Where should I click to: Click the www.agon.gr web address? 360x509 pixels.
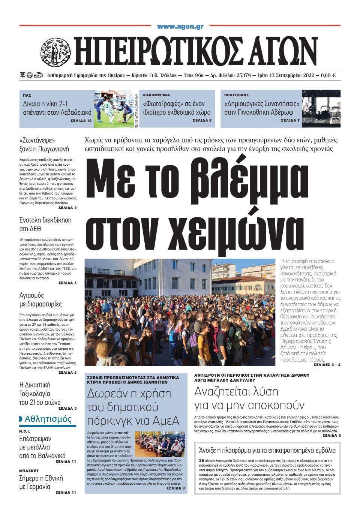pyautogui.click(x=180, y=27)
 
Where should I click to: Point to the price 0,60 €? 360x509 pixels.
pyautogui.click(x=328, y=75)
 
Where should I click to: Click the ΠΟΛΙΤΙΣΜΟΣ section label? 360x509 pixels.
pyautogui.click(x=237, y=95)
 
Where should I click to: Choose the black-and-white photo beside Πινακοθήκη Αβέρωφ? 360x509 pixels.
pyautogui.click(x=321, y=109)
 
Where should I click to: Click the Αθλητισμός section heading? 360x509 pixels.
pyautogui.click(x=48, y=419)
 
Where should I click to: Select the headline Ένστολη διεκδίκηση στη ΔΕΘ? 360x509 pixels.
pyautogui.click(x=45, y=224)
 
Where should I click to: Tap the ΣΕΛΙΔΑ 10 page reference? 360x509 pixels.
pyautogui.click(x=81, y=121)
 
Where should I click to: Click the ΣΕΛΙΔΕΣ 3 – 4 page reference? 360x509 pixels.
pyautogui.click(x=327, y=364)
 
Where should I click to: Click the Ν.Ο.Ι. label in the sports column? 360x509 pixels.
pyautogui.click(x=25, y=431)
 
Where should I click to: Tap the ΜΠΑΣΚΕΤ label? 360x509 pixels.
pyautogui.click(x=29, y=470)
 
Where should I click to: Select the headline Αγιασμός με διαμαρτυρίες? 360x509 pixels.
pyautogui.click(x=40, y=299)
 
